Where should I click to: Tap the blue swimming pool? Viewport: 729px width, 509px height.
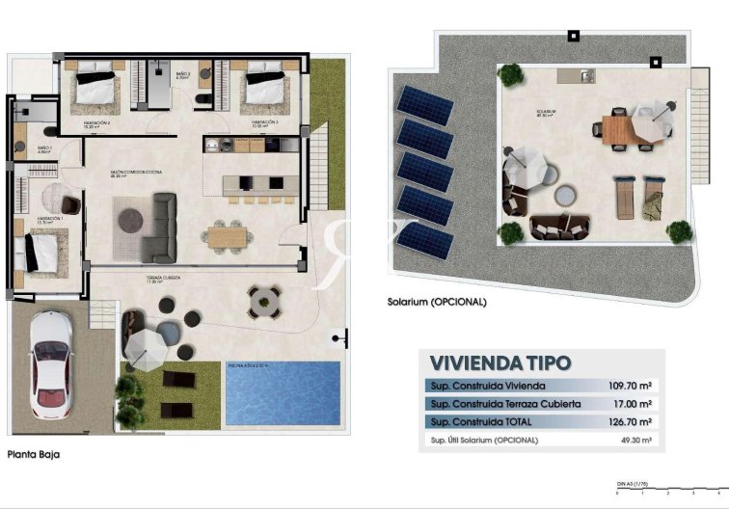click(x=283, y=393)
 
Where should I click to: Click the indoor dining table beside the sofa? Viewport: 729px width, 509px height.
click(x=229, y=233)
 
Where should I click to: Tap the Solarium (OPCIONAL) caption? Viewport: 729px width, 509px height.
click(x=438, y=302)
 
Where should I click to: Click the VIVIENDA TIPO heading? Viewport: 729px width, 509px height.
click(x=499, y=363)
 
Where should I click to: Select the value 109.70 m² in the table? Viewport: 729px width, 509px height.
click(x=631, y=386)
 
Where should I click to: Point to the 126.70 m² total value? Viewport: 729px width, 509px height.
click(x=631, y=422)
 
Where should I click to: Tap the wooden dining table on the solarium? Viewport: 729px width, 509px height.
click(x=618, y=129)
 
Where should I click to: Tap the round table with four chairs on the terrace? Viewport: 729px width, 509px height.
click(x=262, y=302)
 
